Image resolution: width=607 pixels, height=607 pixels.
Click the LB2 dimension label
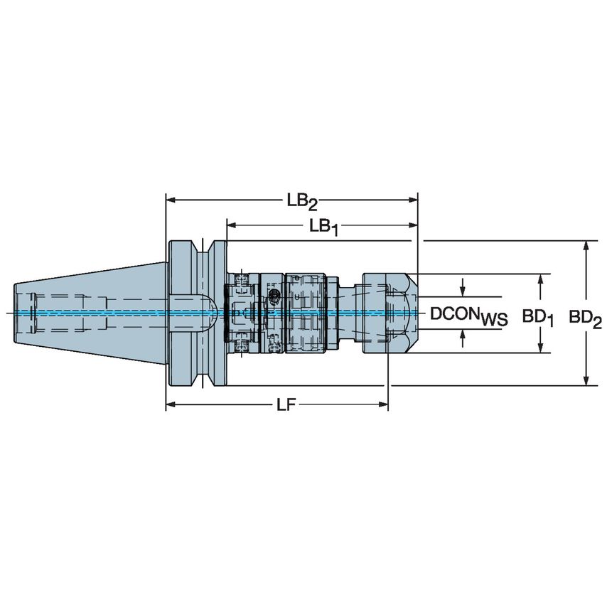pos(302,201)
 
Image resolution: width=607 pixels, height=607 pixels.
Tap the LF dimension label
pos(286,405)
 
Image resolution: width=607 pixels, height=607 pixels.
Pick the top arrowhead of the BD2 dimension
pos(586,246)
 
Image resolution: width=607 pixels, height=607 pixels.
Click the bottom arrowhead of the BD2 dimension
pos(586,381)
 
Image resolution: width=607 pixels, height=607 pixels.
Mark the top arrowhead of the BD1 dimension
pos(542,279)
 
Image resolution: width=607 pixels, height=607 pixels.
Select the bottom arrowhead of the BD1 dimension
pos(542,348)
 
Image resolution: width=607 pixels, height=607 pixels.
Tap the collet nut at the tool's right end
pos(387,313)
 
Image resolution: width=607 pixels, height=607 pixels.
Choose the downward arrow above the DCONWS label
pos(463,289)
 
